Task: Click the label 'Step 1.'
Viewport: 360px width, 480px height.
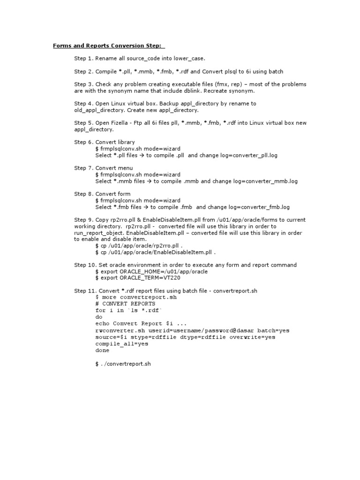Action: (x=84, y=59)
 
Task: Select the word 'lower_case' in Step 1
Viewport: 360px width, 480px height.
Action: (x=189, y=59)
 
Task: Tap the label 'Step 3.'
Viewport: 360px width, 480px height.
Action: (x=84, y=84)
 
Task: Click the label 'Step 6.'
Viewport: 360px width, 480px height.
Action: (x=84, y=142)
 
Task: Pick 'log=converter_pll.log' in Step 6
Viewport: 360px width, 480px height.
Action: (x=262, y=155)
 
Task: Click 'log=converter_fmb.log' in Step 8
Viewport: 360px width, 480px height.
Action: (x=261, y=207)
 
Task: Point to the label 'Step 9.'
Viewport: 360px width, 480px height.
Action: (x=84, y=220)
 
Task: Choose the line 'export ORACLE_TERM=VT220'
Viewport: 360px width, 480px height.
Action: (x=147, y=278)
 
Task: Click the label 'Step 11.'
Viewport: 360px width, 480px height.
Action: (x=85, y=291)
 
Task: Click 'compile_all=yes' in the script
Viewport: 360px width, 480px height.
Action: (x=122, y=344)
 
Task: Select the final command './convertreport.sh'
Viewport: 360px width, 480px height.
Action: (x=126, y=363)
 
